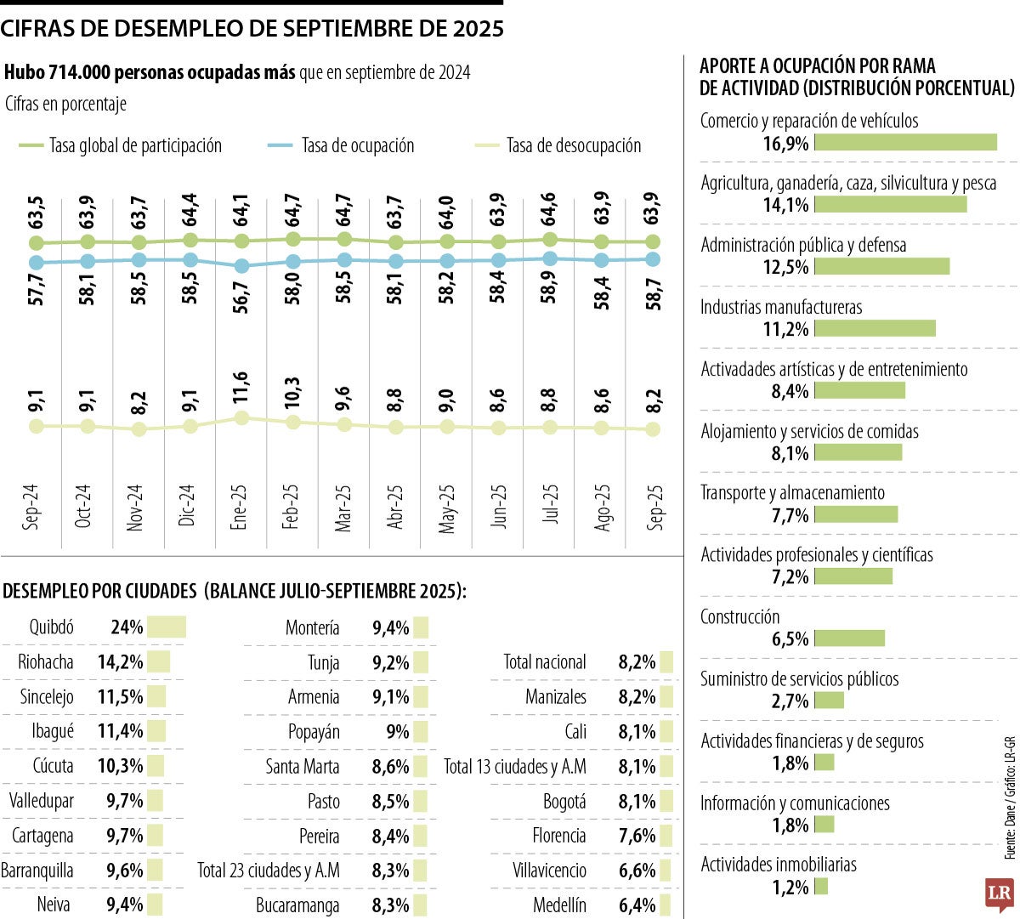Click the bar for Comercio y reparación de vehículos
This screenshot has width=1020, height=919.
point(905,142)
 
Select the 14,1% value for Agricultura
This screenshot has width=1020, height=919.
point(785,205)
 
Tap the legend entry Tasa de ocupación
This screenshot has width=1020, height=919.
point(357,145)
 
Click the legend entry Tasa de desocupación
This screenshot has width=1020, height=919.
point(573,145)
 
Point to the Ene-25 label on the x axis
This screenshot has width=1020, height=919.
point(239,508)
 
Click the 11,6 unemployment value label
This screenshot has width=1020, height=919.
point(241,389)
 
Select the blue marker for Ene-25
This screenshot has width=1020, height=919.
point(242,266)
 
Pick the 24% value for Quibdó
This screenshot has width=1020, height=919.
point(127,627)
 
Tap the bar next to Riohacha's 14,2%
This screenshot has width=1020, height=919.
point(159,662)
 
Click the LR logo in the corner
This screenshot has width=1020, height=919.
point(999,893)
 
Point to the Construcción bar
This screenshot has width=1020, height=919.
point(849,638)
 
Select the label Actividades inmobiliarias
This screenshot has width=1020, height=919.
point(778,865)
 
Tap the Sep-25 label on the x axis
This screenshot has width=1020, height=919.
point(654,508)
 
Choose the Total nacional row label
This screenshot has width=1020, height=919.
point(544,662)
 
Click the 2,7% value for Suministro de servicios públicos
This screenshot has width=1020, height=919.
point(790,701)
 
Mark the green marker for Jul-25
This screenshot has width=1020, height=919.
point(550,240)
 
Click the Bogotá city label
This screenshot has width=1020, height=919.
point(564,801)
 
